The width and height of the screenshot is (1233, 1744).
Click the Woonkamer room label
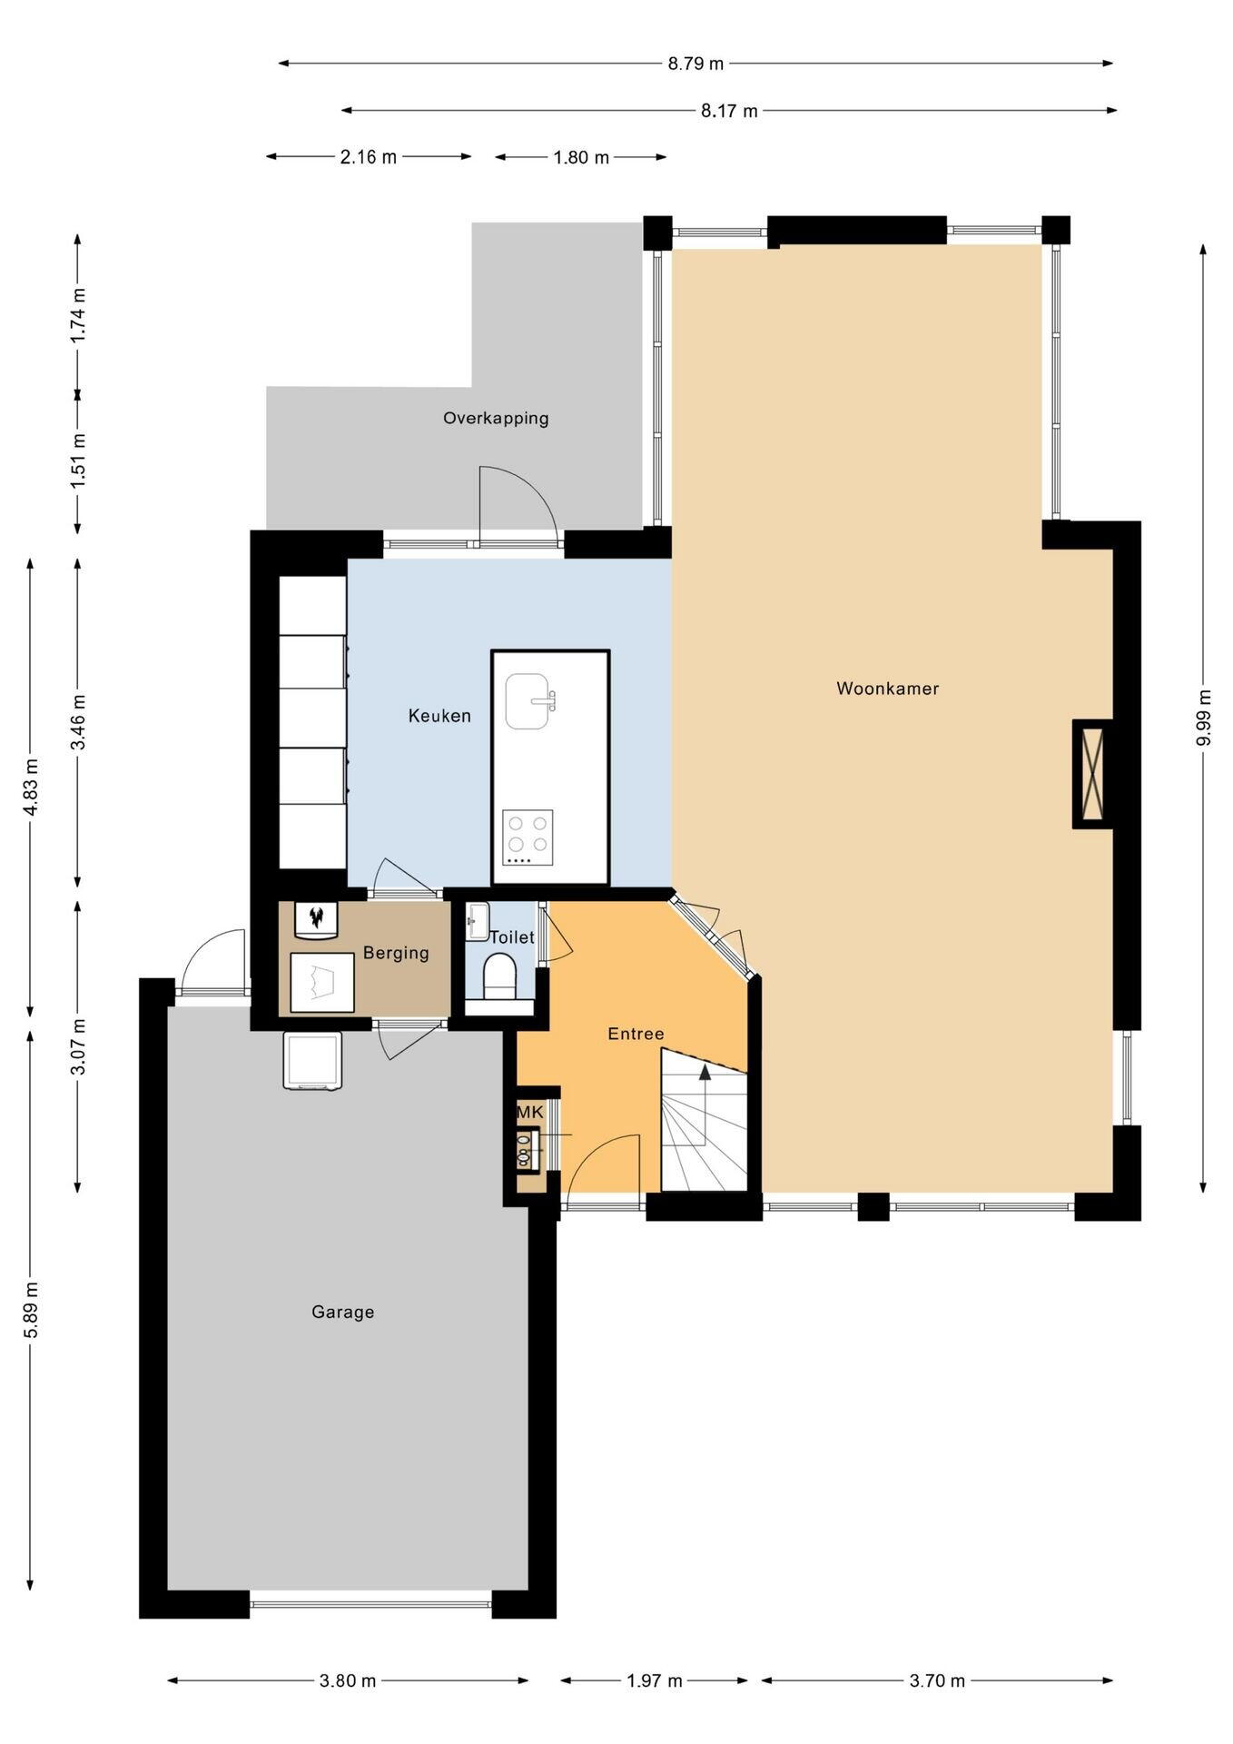887,689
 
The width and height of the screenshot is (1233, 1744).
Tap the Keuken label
439,716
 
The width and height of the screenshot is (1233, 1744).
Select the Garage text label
342,1312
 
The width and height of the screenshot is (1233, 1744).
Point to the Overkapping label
496,419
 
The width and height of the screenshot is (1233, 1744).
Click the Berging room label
396,953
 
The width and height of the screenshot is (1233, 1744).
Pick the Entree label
636,1034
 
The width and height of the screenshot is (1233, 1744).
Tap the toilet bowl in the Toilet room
499,976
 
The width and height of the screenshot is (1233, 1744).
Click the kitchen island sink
529,700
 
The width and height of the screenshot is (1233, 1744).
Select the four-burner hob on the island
528,837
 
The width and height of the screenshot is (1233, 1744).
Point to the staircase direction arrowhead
705,1072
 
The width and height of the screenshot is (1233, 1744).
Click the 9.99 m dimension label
1204,718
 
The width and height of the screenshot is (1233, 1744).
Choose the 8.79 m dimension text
696,64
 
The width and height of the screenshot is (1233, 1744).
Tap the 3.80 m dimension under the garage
348,1680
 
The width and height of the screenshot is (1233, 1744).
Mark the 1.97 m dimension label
655,1680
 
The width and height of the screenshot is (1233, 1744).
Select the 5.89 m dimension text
31,1311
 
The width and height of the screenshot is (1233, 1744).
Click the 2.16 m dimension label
369,157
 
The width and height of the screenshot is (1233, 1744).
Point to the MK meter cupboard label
530,1113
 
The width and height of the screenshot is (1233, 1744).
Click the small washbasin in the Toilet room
477,921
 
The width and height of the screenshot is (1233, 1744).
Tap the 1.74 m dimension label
78,314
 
